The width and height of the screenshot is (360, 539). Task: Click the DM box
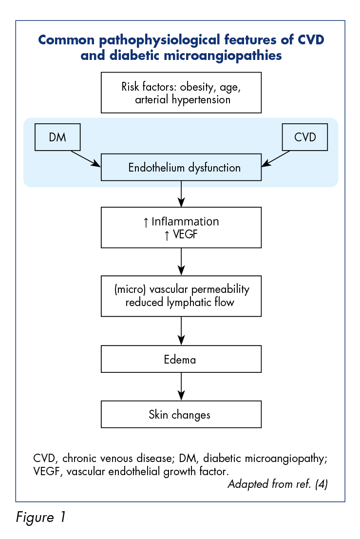click(x=57, y=137)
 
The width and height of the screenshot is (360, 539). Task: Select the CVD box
click(x=304, y=137)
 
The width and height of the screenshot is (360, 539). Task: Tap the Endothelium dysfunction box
click(x=181, y=168)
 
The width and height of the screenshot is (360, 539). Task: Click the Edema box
click(x=181, y=359)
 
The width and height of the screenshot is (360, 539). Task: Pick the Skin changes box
click(x=181, y=414)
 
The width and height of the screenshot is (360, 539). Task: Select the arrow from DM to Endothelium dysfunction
click(x=86, y=159)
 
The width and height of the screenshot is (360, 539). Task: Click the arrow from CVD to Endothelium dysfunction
click(x=276, y=159)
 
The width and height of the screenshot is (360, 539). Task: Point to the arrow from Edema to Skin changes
click(x=181, y=386)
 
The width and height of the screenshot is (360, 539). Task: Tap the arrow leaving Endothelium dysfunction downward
click(x=181, y=194)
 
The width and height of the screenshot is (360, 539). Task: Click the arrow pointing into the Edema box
click(x=181, y=331)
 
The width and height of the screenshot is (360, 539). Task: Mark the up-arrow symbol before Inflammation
click(x=146, y=222)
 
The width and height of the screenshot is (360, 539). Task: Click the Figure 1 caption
click(x=40, y=518)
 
